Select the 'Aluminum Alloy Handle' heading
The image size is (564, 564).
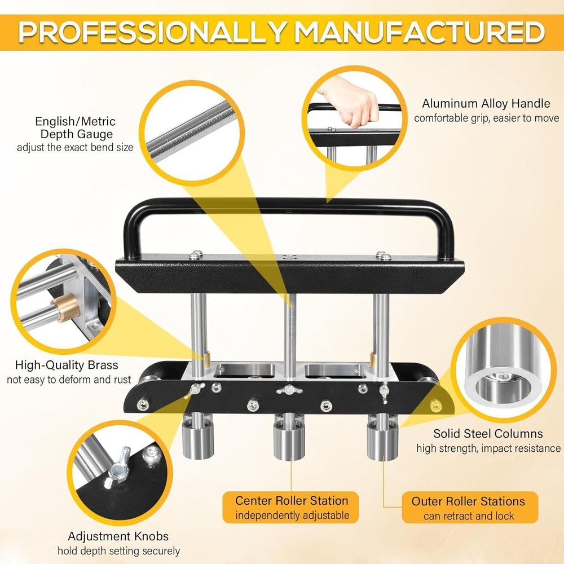pos(486,104)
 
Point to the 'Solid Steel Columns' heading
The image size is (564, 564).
pos(488,434)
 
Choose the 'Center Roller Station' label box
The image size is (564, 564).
pos(292,507)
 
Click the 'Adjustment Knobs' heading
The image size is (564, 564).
pos(118,536)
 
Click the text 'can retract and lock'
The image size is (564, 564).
pos(469,516)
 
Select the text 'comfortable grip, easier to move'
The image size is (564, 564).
pos(486,118)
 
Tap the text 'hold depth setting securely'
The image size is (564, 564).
pos(118,550)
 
